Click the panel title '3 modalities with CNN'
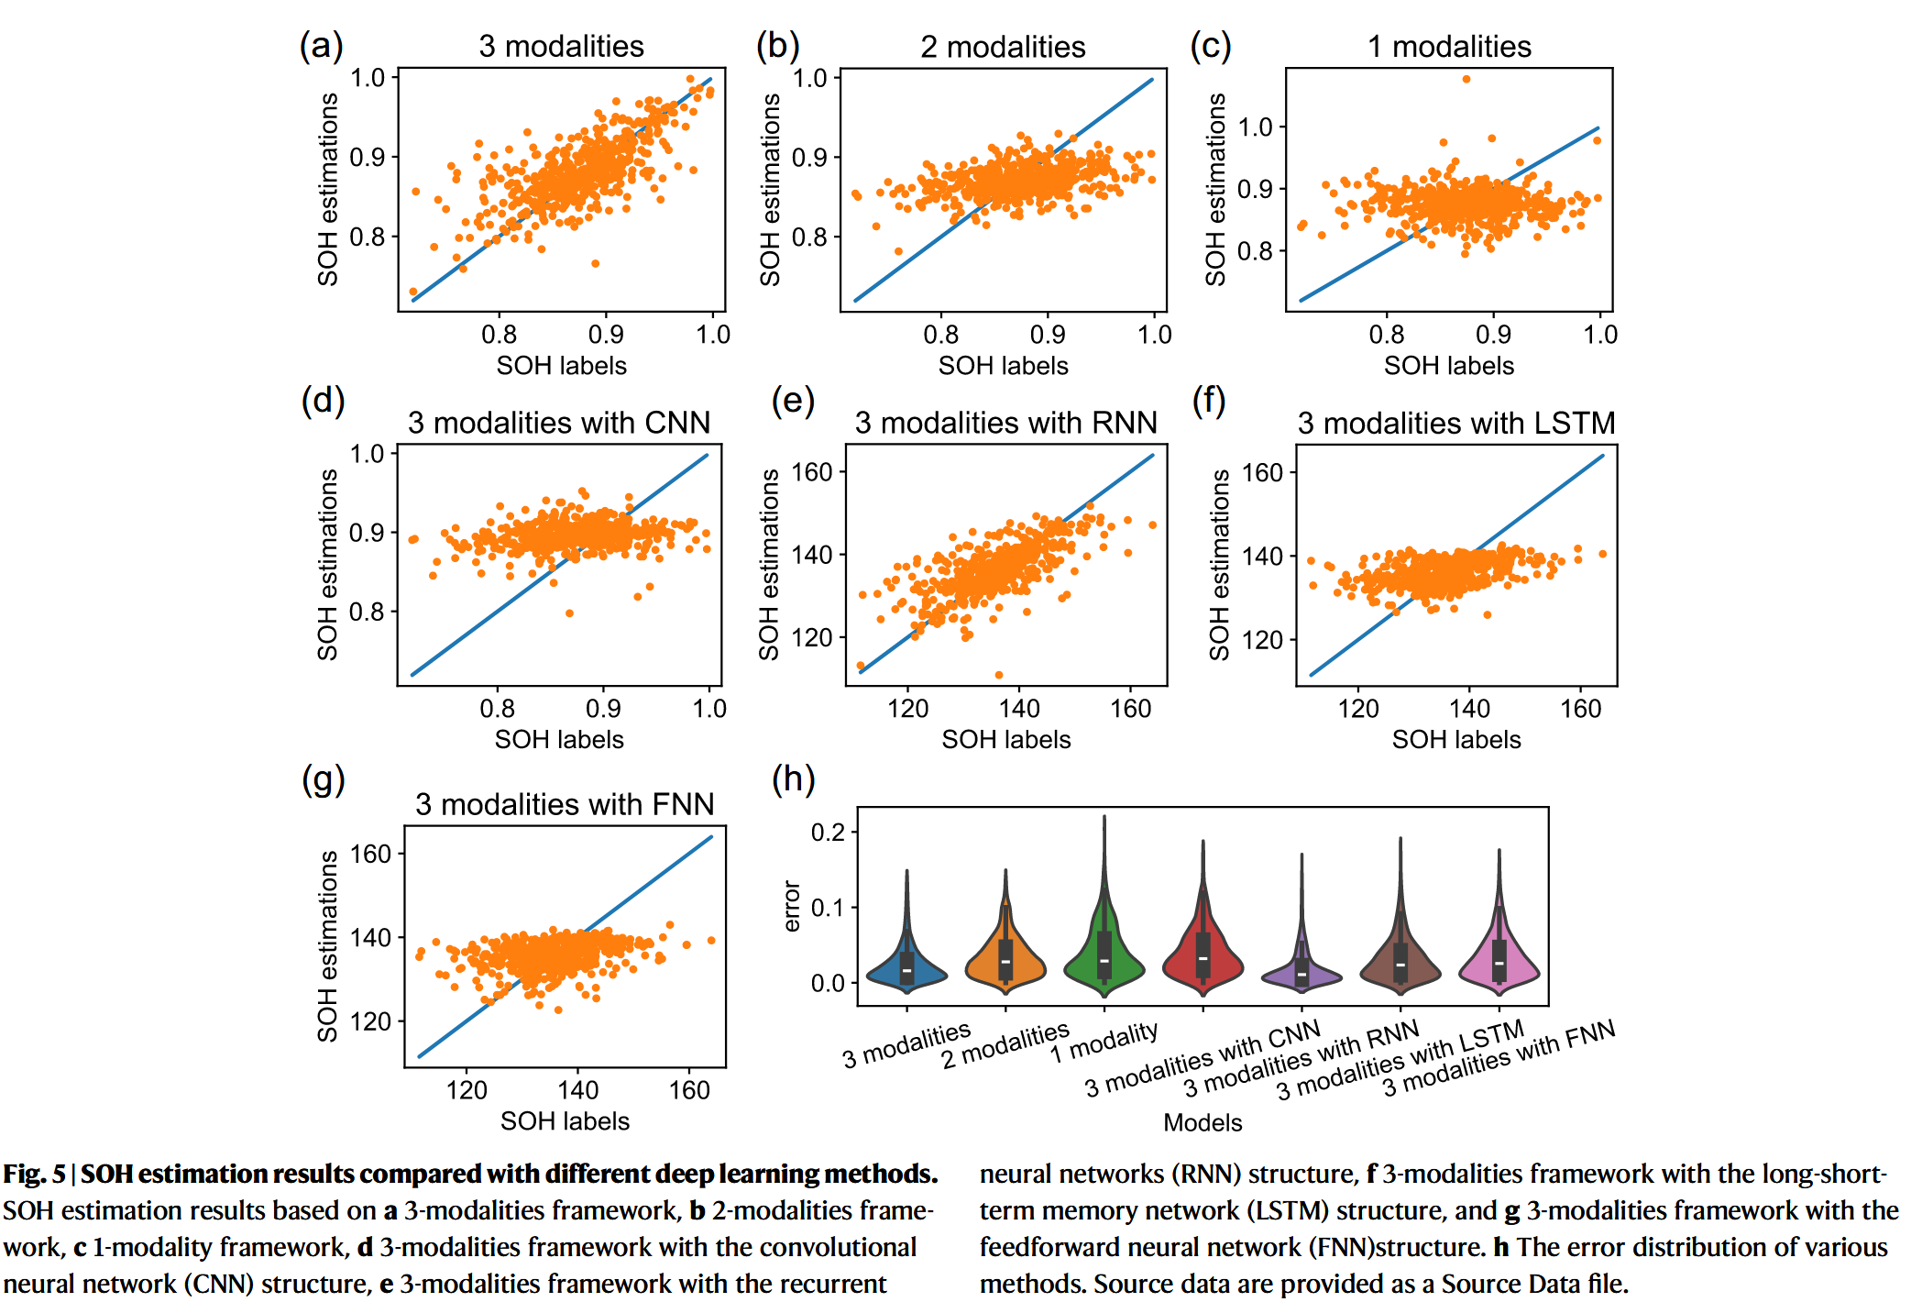coord(559,422)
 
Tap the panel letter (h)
coord(793,779)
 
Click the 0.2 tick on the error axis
coord(828,832)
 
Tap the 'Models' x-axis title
coord(1203,1122)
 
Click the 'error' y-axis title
coord(792,906)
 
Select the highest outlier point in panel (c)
coord(1466,80)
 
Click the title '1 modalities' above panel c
coord(1449,47)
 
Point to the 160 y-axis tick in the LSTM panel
coord(1262,473)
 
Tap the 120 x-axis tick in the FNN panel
coord(467,1089)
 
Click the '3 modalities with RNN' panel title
coord(1005,422)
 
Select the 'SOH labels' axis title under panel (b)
coord(1003,366)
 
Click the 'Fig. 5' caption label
coord(34,1174)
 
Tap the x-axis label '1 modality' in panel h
coord(1104,1042)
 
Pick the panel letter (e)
coord(793,401)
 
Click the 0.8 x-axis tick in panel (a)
coord(499,334)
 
